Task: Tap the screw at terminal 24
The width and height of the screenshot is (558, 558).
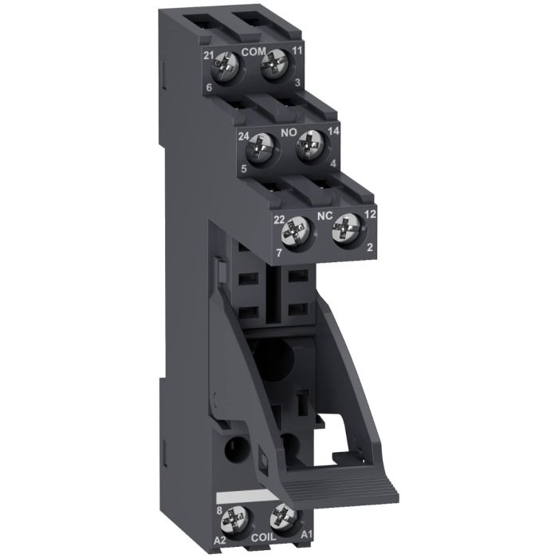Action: (x=261, y=146)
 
